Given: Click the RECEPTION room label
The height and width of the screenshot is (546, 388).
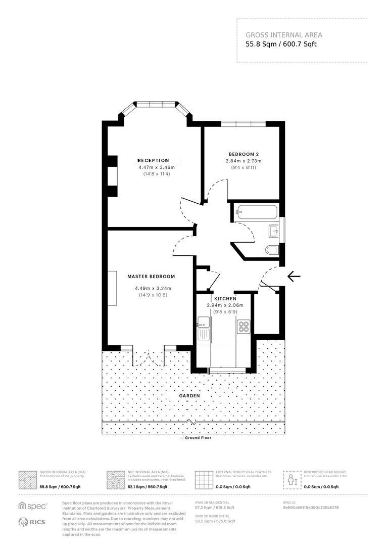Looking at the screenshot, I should pos(153,160).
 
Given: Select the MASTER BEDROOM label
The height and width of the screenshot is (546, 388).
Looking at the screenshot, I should pos(151,277).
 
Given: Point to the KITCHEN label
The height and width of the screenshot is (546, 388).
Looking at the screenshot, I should pos(225,299).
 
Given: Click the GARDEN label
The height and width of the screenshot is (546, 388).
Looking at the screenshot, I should pos(186,396).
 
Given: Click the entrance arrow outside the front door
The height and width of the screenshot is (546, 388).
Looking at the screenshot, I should pos(294,276).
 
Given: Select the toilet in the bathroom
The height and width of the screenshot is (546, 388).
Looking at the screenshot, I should pos(272,249).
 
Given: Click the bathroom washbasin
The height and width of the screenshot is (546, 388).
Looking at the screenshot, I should pos(274,231).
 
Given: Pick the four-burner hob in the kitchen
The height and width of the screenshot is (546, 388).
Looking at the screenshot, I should pos(245,327).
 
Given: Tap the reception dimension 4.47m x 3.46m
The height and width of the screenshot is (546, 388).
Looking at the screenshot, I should pos(156,167).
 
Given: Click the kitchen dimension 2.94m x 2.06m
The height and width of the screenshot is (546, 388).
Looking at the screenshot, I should pos(225,305).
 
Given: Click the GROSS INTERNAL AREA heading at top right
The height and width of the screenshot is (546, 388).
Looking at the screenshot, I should pos(283,35).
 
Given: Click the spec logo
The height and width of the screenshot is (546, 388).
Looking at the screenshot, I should pos(32,506).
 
